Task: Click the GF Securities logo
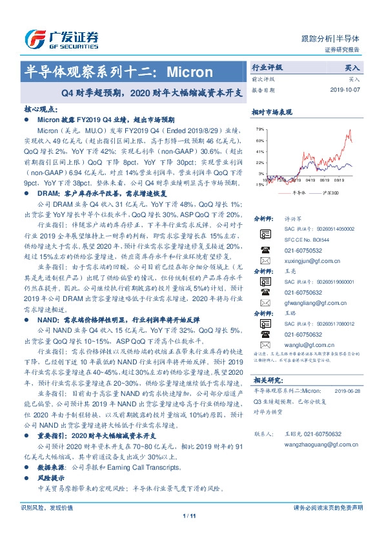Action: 61,37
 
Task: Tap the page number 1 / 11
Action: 191,534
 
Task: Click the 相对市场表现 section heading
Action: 270,110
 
